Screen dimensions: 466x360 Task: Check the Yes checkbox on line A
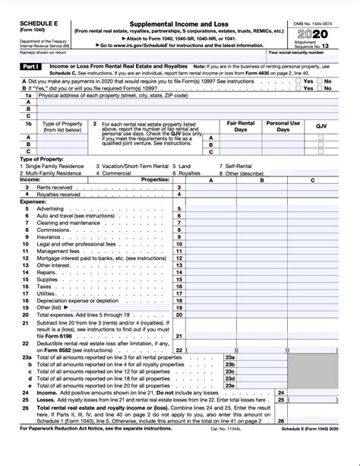pos(298,80)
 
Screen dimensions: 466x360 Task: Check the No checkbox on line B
pos(320,87)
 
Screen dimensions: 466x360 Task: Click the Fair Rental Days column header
pos(241,125)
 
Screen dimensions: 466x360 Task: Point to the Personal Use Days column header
pos(282,125)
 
